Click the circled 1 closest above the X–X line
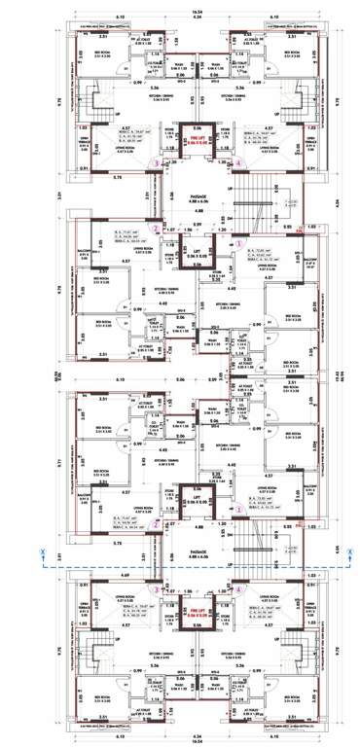tap(238, 509)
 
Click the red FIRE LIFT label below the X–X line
tap(198, 614)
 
